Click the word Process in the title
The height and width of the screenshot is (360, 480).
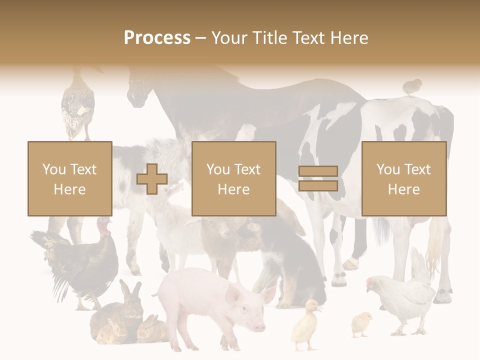click(x=157, y=38)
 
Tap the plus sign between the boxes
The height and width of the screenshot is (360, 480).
click(x=152, y=179)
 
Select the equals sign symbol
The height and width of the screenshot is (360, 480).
click(x=318, y=179)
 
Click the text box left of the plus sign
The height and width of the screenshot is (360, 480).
click(x=69, y=178)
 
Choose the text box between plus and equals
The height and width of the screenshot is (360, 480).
click(x=233, y=178)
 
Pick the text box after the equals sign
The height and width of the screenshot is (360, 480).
click(x=403, y=178)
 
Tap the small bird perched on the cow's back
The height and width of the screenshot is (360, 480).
click(x=412, y=86)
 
